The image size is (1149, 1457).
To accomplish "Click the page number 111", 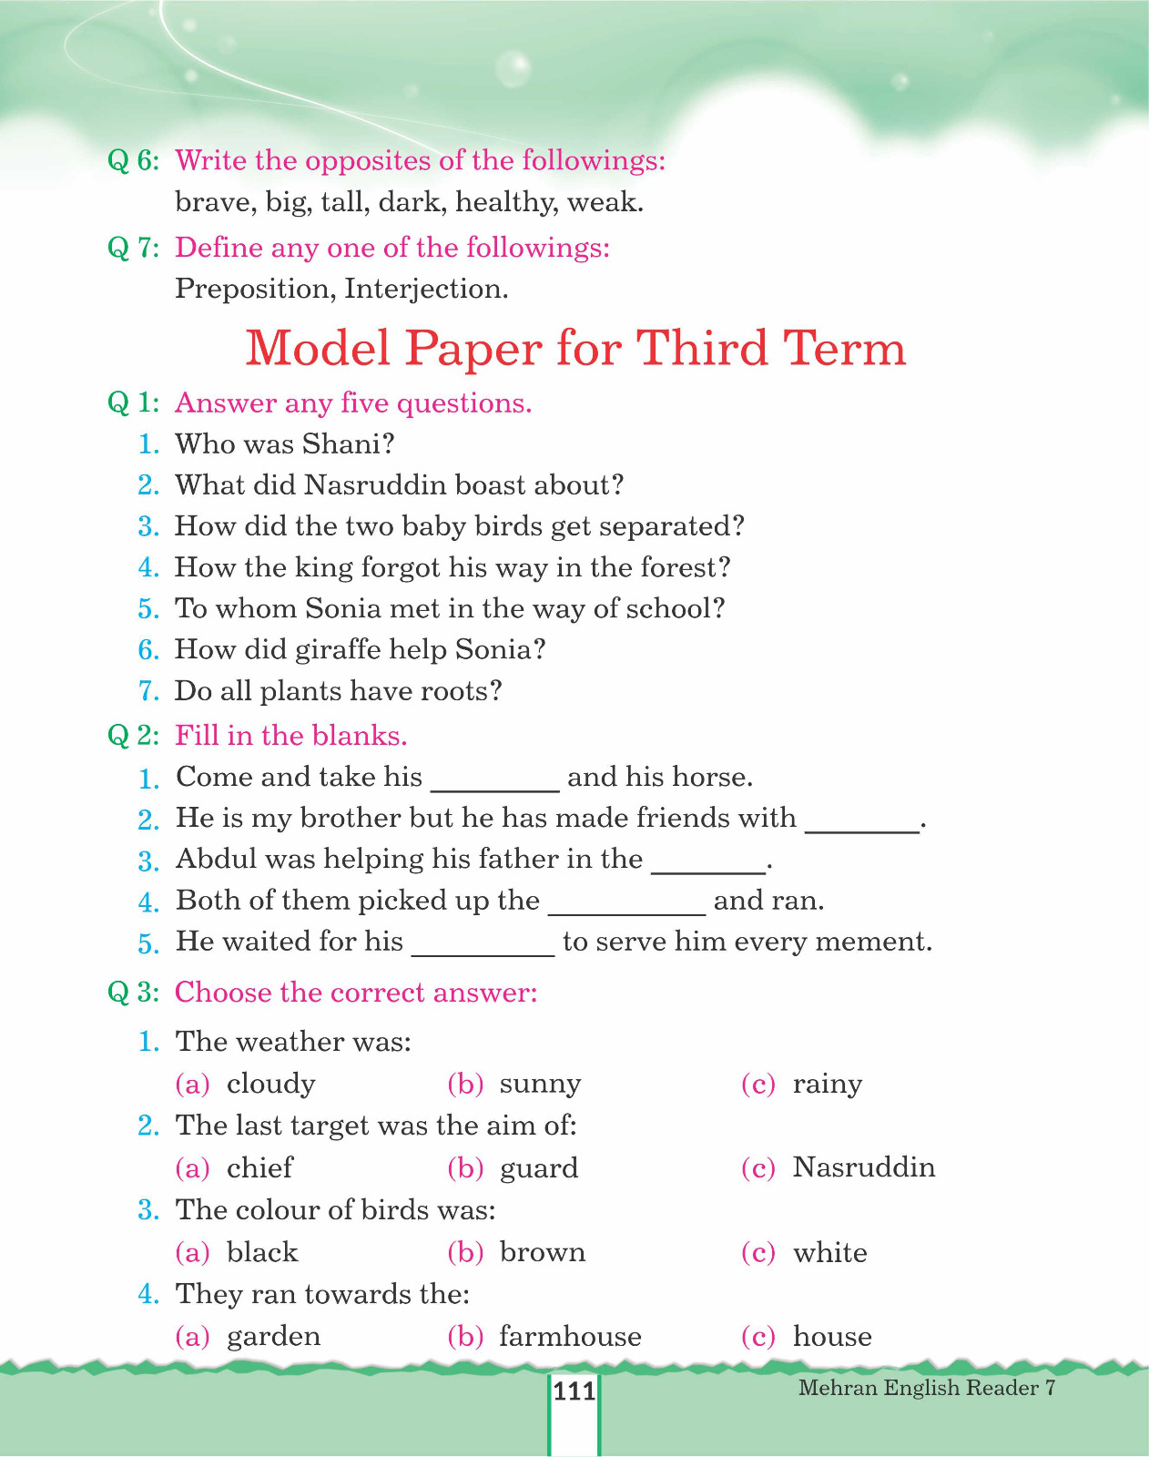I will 574,1391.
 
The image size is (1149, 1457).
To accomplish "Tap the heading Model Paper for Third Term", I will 575,348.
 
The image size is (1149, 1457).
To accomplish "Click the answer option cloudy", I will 270,1084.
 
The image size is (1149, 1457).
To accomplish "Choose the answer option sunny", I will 540,1084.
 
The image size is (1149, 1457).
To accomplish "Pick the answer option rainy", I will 827,1084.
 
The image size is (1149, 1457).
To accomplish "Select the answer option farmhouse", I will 570,1336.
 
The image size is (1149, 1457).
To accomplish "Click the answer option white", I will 829,1252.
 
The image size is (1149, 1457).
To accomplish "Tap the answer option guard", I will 538,1168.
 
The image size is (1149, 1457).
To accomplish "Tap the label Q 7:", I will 133,247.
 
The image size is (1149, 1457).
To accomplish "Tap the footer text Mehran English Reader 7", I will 926,1387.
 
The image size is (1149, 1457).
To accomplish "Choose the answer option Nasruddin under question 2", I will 863,1167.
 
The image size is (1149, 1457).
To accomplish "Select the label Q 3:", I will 133,992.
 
